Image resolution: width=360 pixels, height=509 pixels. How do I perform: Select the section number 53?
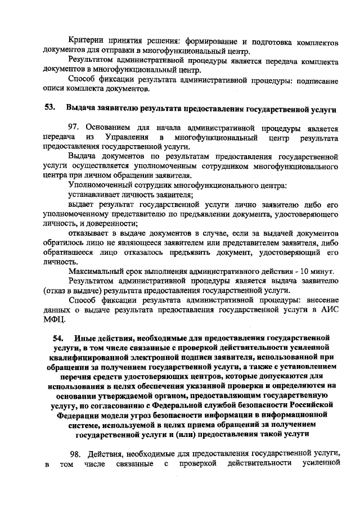point(49,107)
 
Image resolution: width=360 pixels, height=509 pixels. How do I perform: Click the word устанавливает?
point(96,195)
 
